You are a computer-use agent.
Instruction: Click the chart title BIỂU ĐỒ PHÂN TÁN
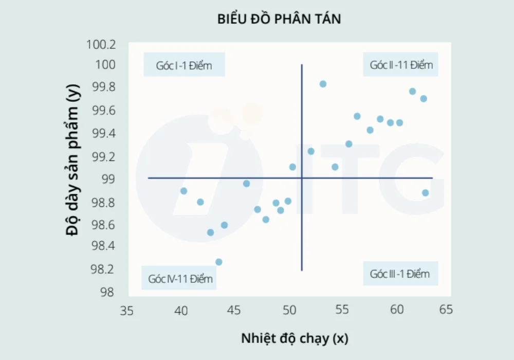tap(279, 20)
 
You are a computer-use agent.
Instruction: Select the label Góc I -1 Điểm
tap(184, 65)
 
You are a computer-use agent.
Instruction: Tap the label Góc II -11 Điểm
tap(401, 65)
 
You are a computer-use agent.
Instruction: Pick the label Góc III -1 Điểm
tap(399, 274)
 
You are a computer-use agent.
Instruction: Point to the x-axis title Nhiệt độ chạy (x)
tap(295, 338)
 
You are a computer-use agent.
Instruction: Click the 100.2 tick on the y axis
tap(102, 44)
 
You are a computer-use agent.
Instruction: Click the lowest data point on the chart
tap(218, 262)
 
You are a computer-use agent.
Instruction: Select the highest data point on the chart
tap(323, 84)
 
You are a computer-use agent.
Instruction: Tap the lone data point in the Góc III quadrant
tap(425, 193)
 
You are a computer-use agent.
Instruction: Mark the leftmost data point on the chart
tap(183, 191)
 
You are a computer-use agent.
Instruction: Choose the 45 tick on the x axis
tap(234, 311)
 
